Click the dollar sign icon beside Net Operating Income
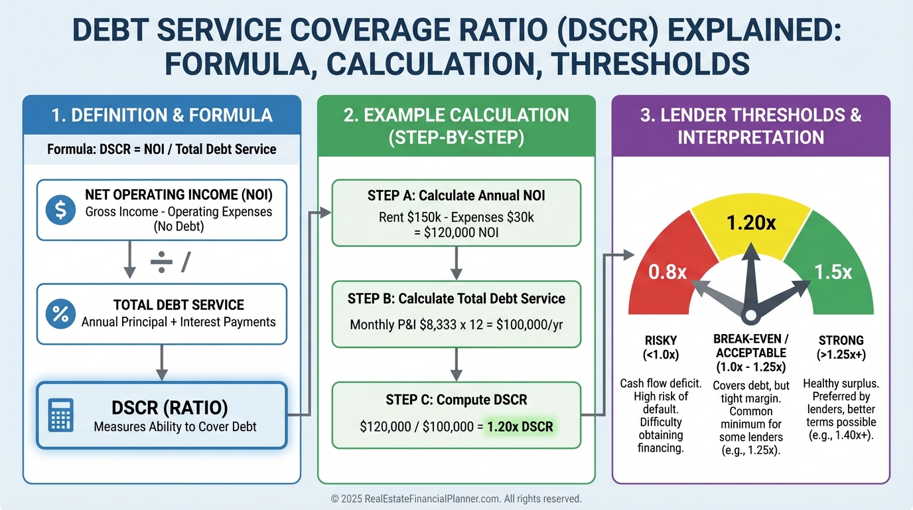point(60,210)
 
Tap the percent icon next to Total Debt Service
point(60,314)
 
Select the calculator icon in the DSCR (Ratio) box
point(61,415)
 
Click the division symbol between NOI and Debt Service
point(161,263)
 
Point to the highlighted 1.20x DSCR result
point(520,426)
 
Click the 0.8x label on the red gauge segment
point(667,272)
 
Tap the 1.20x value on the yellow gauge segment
point(750,223)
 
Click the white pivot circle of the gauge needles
point(750,315)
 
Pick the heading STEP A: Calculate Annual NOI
point(456,195)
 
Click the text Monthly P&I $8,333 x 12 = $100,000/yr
point(456,325)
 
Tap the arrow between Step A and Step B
point(456,264)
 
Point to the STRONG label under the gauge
point(841,340)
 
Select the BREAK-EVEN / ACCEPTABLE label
point(750,346)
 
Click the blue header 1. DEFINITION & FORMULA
point(162,115)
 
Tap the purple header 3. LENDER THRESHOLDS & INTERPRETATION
point(750,126)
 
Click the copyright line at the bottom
point(456,498)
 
